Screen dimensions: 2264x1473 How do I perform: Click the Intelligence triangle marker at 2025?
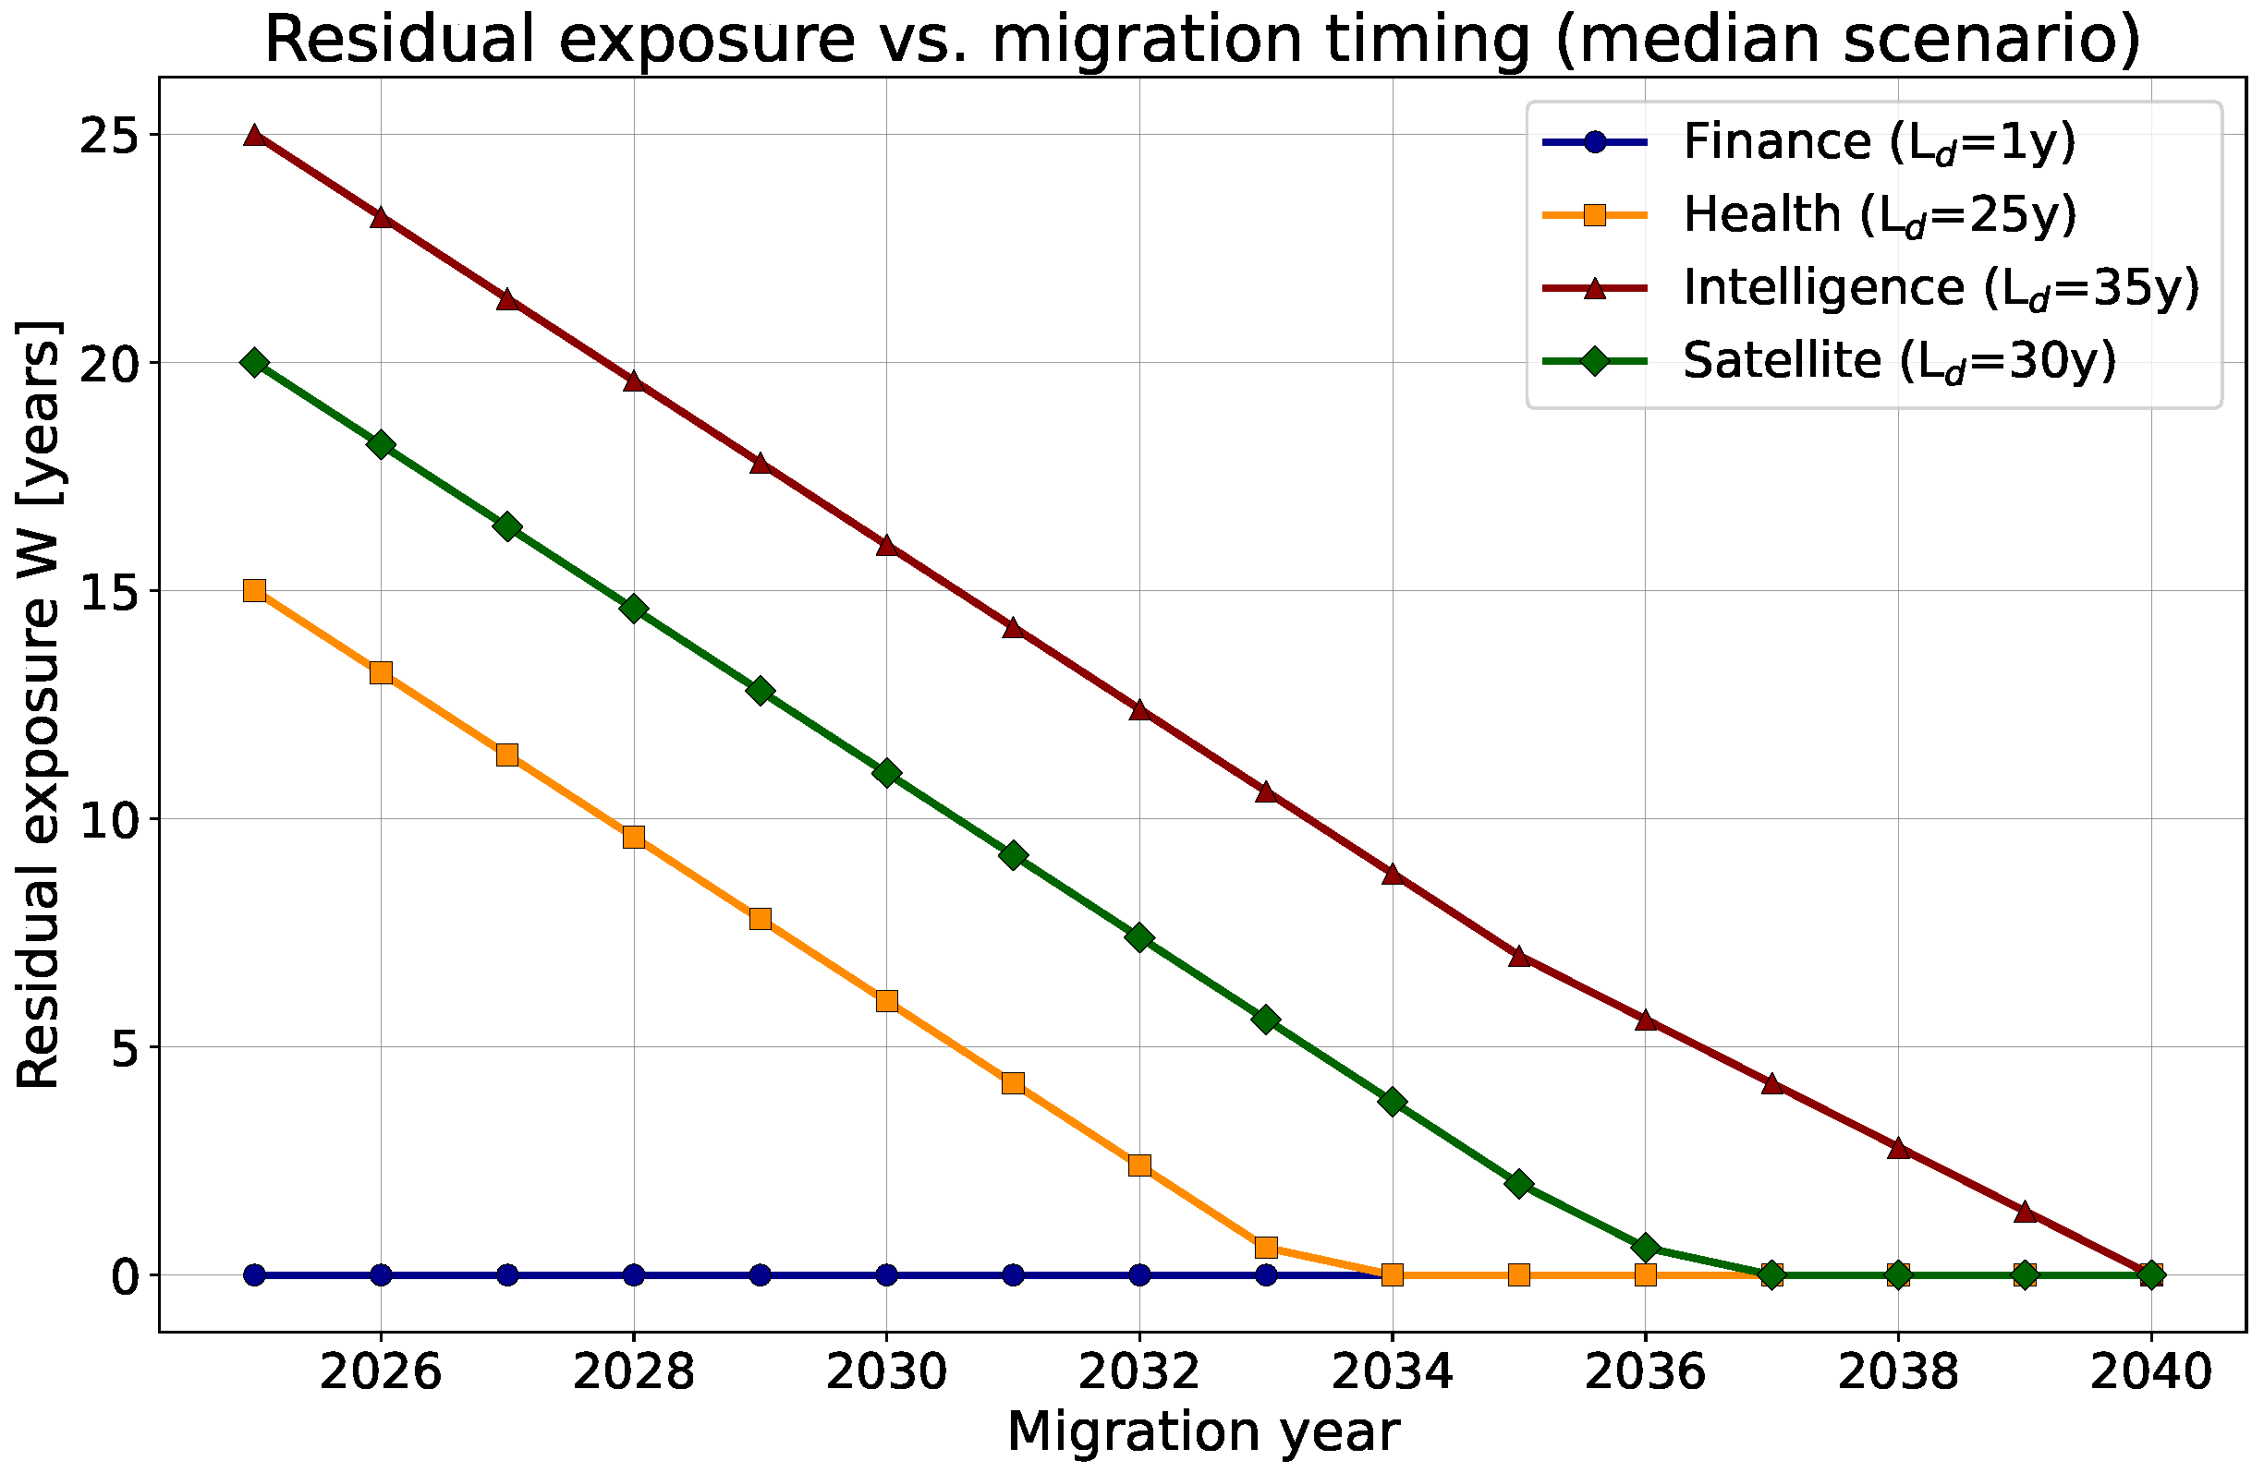(254, 135)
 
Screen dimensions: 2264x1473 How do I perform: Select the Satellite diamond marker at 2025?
(254, 362)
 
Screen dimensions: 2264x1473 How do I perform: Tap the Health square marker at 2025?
(254, 590)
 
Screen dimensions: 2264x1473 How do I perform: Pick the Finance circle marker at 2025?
(254, 1274)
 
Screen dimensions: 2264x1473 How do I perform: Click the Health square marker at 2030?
(886, 1000)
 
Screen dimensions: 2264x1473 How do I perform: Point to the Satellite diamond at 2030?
(886, 772)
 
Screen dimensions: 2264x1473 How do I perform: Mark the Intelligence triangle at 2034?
(1393, 873)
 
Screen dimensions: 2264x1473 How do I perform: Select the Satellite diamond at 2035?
(1519, 1183)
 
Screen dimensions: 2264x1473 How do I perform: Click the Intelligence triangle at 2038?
(1899, 1147)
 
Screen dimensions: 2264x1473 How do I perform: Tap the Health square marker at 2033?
(1266, 1247)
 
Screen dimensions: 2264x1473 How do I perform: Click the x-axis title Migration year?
(1203, 1433)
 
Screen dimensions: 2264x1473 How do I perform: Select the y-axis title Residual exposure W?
(38, 705)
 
